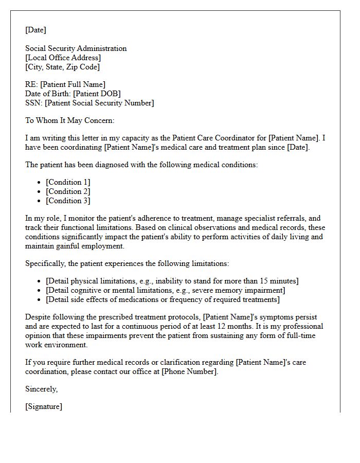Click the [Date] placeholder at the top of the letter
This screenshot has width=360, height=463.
[x=35, y=30]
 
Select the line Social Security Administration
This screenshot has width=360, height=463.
[x=76, y=48]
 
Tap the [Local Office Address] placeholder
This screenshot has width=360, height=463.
[x=63, y=58]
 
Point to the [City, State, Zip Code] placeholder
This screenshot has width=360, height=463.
[x=62, y=67]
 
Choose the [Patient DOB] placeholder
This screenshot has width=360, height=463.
[x=97, y=94]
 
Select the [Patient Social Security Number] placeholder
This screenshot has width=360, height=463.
[x=99, y=103]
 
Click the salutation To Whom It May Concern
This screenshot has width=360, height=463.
[x=69, y=120]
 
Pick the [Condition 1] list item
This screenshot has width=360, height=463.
[x=68, y=182]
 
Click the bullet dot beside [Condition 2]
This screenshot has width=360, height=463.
[x=40, y=192]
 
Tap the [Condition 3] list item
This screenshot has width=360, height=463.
[x=68, y=201]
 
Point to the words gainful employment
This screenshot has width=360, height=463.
[x=92, y=246]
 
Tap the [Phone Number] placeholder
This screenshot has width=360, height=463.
[x=189, y=371]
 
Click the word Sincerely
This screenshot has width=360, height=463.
[x=41, y=389]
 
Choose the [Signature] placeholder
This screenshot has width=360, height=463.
[x=44, y=406]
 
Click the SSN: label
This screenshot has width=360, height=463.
[x=34, y=103]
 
